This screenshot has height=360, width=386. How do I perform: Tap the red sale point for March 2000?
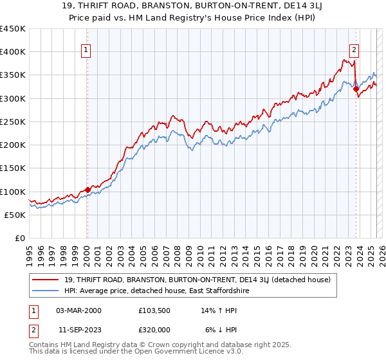pos(87,190)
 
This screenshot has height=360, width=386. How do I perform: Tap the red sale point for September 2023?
pos(356,89)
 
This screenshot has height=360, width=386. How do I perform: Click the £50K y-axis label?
pos(15,215)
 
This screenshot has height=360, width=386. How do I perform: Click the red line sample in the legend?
pos(46,280)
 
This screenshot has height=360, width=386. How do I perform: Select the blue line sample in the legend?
pos(46,291)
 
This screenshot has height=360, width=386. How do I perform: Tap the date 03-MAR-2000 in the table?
pos(78,310)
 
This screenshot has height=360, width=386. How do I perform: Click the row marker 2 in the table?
pos(33,329)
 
